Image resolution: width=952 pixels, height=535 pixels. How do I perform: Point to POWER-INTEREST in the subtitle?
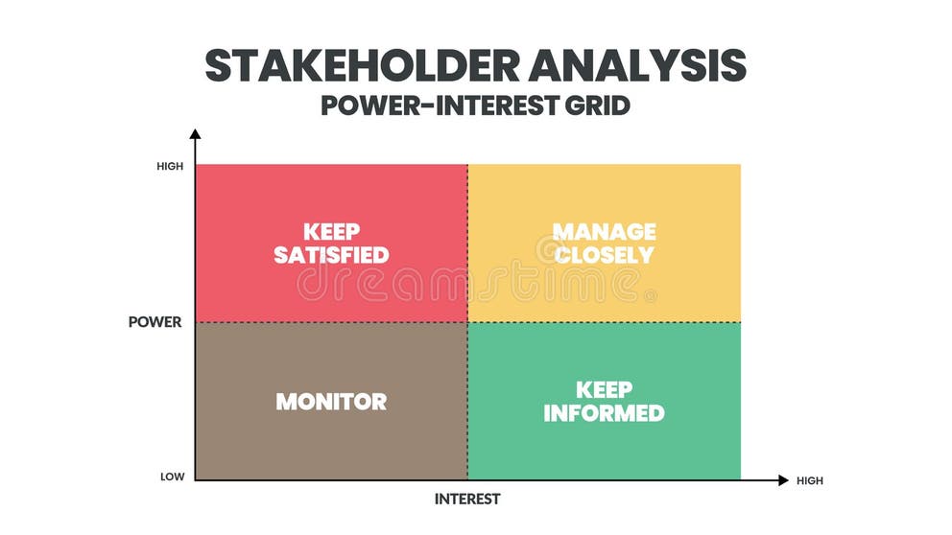tap(430, 105)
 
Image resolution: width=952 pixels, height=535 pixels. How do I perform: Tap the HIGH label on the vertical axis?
tap(169, 166)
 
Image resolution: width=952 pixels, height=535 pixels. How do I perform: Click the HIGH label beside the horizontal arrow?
tap(809, 480)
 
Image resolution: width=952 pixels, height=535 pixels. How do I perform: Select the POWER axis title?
tap(155, 322)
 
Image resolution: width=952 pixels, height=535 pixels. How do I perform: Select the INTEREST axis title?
tap(467, 500)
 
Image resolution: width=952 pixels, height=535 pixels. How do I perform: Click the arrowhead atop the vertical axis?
tap(195, 134)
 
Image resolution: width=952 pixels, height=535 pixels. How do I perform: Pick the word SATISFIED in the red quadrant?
tap(331, 255)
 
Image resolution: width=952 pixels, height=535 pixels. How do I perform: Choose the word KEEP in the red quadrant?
tap(331, 231)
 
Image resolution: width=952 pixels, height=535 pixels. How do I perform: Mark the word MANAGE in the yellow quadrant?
tap(604, 231)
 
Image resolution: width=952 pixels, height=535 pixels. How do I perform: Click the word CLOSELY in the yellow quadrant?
tap(604, 255)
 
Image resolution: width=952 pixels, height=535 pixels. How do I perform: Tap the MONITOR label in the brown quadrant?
tap(331, 402)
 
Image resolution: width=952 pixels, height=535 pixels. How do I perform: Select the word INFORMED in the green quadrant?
tap(604, 413)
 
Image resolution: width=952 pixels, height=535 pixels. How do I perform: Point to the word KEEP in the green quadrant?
tap(604, 389)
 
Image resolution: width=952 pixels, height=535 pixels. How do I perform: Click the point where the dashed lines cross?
tap(467, 322)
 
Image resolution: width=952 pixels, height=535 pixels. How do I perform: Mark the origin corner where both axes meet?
tap(195, 479)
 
